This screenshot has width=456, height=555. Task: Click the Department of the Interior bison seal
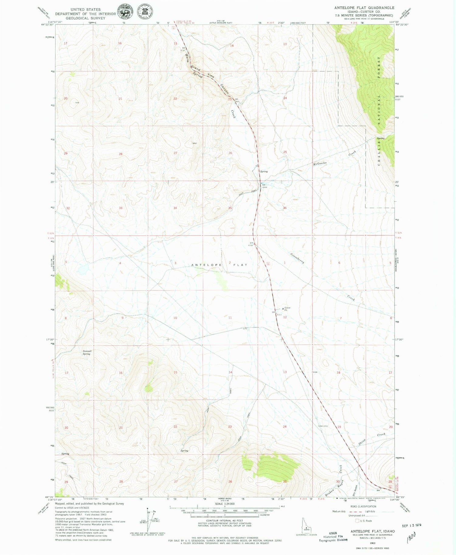pyautogui.click(x=125, y=13)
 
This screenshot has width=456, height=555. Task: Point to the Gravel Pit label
pyautogui.click(x=287, y=309)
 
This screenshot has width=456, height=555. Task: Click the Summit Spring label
pyautogui.click(x=87, y=352)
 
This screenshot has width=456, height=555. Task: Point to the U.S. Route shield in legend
pyautogui.click(x=354, y=521)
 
